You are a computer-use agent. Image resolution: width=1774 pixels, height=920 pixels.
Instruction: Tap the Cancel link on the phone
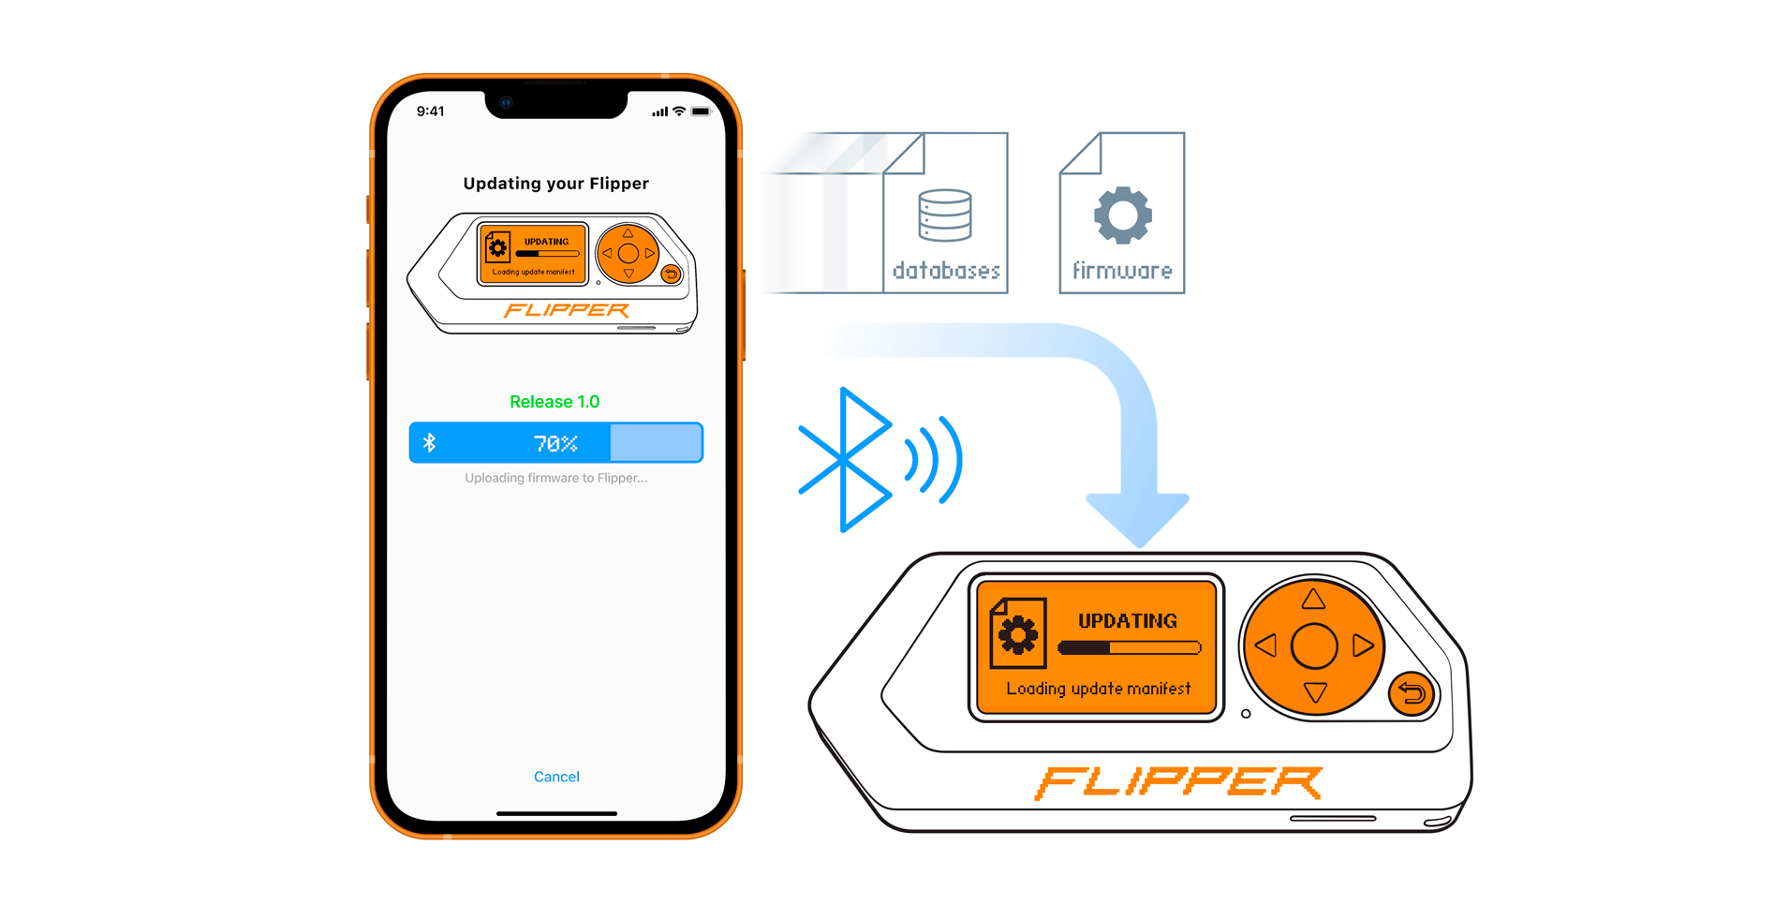tap(556, 777)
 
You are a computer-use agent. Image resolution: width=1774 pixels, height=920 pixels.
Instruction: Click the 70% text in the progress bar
tap(555, 443)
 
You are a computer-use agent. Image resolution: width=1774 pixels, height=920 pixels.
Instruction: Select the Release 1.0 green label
tap(554, 402)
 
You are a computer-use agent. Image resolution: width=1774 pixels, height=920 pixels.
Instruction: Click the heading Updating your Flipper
tap(555, 184)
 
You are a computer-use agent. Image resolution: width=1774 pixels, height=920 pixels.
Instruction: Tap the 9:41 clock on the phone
tap(430, 111)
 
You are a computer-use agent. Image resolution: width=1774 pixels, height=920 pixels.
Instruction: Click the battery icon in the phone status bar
tap(701, 111)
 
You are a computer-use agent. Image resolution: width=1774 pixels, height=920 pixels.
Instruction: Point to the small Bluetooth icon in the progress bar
tap(430, 443)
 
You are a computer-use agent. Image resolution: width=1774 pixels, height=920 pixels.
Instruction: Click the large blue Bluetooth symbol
tap(846, 459)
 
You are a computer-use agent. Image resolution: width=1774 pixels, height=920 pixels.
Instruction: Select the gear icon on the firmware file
tap(1122, 215)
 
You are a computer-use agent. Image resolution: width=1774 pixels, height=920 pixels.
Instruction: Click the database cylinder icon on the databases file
tap(944, 215)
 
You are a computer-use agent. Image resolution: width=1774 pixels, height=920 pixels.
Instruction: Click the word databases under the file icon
tap(946, 271)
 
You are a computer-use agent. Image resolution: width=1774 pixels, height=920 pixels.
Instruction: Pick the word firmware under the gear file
tap(1122, 271)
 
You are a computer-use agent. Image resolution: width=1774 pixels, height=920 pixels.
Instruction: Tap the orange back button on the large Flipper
tap(1412, 694)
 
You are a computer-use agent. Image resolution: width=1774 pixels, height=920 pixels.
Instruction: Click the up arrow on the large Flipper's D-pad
tap(1313, 599)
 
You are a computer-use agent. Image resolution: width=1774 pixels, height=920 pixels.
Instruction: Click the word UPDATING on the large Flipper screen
tap(1127, 621)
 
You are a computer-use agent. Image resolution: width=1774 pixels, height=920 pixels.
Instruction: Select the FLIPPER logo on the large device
tap(1177, 782)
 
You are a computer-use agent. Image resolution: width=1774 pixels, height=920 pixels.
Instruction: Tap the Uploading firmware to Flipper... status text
tap(555, 478)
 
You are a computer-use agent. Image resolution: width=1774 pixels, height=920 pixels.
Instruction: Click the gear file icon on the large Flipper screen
tap(1017, 633)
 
